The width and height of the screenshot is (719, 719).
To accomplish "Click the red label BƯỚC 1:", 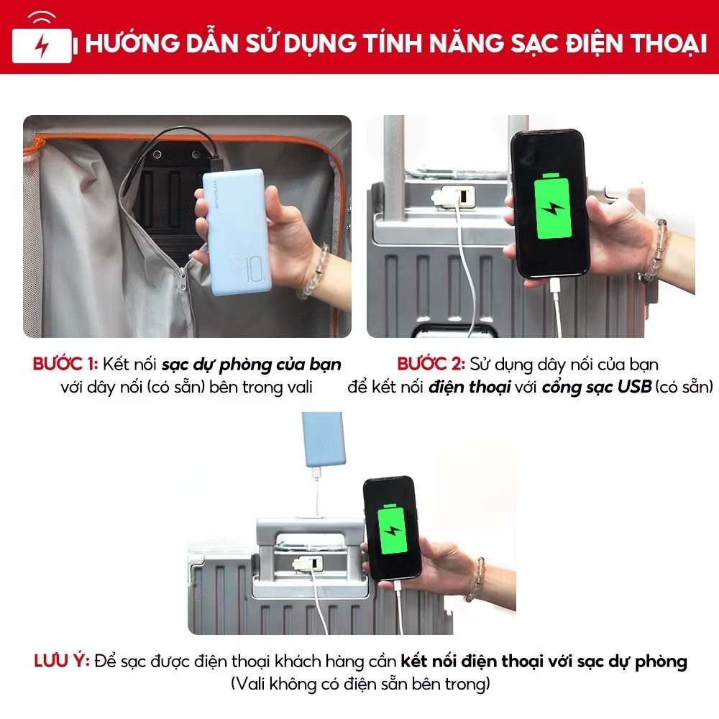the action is pyautogui.click(x=65, y=364).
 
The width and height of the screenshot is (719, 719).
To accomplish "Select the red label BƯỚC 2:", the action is pyautogui.click(x=431, y=364).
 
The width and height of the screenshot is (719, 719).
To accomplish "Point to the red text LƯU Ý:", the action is pyautogui.click(x=62, y=661).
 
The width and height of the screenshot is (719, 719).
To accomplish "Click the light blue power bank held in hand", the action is pyautogui.click(x=237, y=232).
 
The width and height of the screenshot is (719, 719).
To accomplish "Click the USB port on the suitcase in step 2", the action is pyautogui.click(x=462, y=196).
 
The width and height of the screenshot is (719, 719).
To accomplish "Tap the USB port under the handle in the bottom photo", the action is pyautogui.click(x=315, y=562).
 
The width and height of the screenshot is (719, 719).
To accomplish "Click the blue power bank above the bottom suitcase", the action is pyautogui.click(x=322, y=439).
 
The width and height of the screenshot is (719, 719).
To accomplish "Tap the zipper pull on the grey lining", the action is pyautogui.click(x=183, y=279).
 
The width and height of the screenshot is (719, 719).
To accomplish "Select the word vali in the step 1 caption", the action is pyautogui.click(x=300, y=387).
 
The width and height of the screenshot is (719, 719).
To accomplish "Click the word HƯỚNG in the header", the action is pyautogui.click(x=132, y=43).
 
